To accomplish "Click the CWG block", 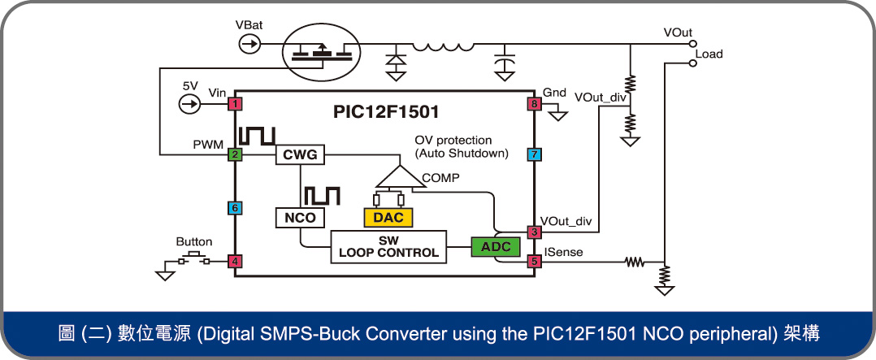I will (300, 154).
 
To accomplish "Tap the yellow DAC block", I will (388, 217).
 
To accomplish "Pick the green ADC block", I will (495, 246).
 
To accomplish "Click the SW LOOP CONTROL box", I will (388, 246).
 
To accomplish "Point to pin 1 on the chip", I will (235, 104).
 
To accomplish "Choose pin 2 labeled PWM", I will (235, 154).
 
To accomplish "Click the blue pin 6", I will (235, 209).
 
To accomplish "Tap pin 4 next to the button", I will (235, 262).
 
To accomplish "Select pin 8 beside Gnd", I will (534, 104).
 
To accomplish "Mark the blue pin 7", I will (534, 154).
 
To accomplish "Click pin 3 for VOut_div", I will (534, 232).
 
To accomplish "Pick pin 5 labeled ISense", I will (534, 262).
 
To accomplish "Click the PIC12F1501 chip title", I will (387, 111).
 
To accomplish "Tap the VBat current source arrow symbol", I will (250, 44).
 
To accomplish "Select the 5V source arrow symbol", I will (189, 104).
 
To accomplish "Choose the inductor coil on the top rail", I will (442, 46).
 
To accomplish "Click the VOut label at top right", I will (677, 33).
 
